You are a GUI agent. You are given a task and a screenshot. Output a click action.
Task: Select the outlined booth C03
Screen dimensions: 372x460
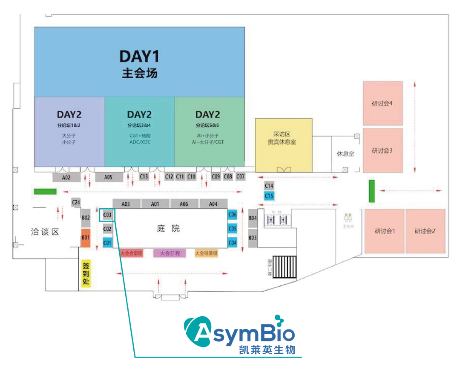pos(107,215)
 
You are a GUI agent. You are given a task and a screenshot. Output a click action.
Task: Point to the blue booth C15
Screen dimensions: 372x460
pos(269,196)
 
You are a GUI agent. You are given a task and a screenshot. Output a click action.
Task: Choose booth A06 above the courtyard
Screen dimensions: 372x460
pos(184,204)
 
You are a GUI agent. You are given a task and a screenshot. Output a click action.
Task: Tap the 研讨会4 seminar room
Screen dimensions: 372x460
pos(382,103)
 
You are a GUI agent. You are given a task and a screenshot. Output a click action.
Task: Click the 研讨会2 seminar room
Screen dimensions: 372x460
pos(425,231)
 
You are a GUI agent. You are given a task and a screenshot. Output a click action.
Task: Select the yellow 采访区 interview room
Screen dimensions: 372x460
pos(284,138)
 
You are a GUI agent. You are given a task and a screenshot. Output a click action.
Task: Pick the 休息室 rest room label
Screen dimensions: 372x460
pos(345,154)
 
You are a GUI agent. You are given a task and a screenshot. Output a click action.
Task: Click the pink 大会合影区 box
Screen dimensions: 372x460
pos(131,253)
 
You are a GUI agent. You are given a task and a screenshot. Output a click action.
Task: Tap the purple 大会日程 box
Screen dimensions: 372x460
pos(170,253)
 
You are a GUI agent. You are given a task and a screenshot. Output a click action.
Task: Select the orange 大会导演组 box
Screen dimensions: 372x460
pos(207,253)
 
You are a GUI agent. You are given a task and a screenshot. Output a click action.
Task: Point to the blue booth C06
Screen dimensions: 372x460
pos(232,215)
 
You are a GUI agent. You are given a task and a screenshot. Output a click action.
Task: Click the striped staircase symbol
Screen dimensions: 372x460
pos(285,267)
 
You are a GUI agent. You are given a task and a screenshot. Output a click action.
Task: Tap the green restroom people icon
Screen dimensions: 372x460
pos(348,218)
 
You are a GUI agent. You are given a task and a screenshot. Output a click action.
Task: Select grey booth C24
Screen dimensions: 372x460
pos(76,202)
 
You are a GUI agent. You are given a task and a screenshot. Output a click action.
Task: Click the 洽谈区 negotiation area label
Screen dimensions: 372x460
pos(44,232)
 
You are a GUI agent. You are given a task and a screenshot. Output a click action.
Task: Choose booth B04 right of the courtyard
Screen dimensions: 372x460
pos(253,218)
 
